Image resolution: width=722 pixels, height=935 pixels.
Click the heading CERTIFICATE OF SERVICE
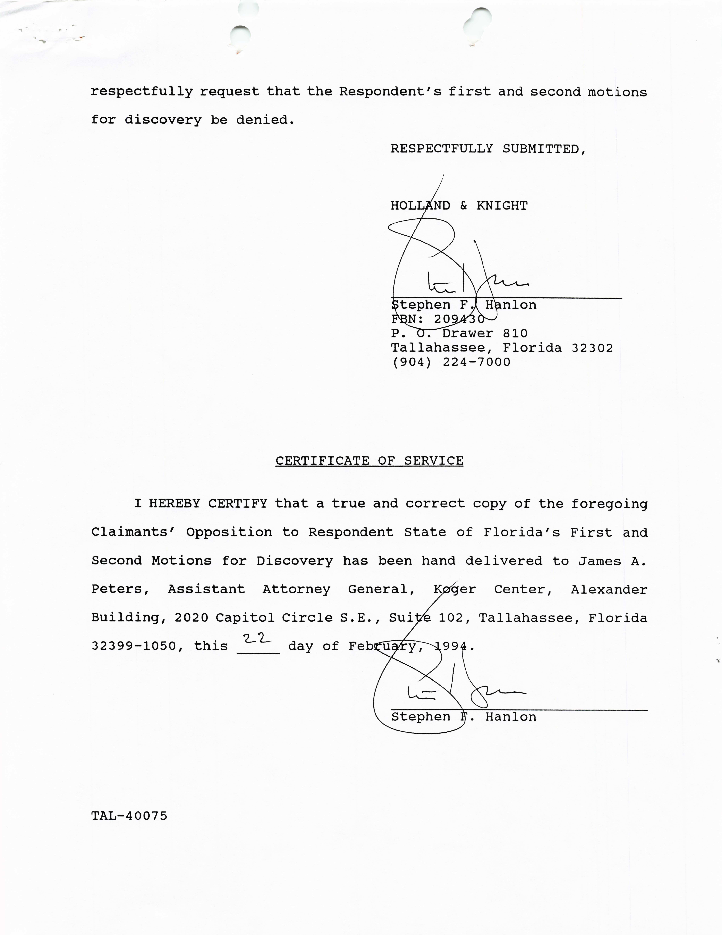click(369, 461)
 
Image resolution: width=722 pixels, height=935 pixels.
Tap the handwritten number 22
click(257, 638)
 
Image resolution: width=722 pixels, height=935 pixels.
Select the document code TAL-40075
click(129, 816)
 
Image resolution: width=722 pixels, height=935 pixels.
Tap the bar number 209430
click(459, 319)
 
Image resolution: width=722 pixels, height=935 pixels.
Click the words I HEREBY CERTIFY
click(201, 504)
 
